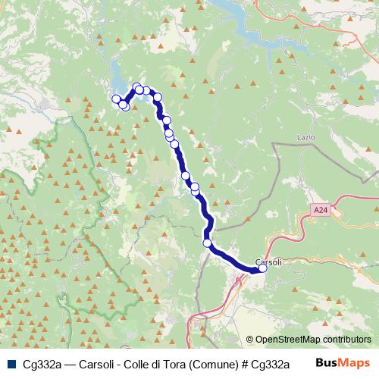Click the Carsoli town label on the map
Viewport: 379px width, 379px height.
pos(269,262)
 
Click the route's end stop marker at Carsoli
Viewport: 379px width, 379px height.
pos(263,268)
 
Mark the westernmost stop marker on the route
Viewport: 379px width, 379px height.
pos(117,99)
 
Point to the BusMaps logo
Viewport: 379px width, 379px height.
pos(343,363)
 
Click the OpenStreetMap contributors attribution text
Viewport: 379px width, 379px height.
pos(312,340)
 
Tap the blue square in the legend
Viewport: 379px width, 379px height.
pos(11,363)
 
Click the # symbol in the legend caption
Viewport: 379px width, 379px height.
pos(245,363)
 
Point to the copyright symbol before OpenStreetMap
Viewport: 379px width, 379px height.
pos(250,340)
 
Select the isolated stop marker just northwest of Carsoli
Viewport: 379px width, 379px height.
pos(208,243)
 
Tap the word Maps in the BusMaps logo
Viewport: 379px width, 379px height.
pos(354,363)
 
